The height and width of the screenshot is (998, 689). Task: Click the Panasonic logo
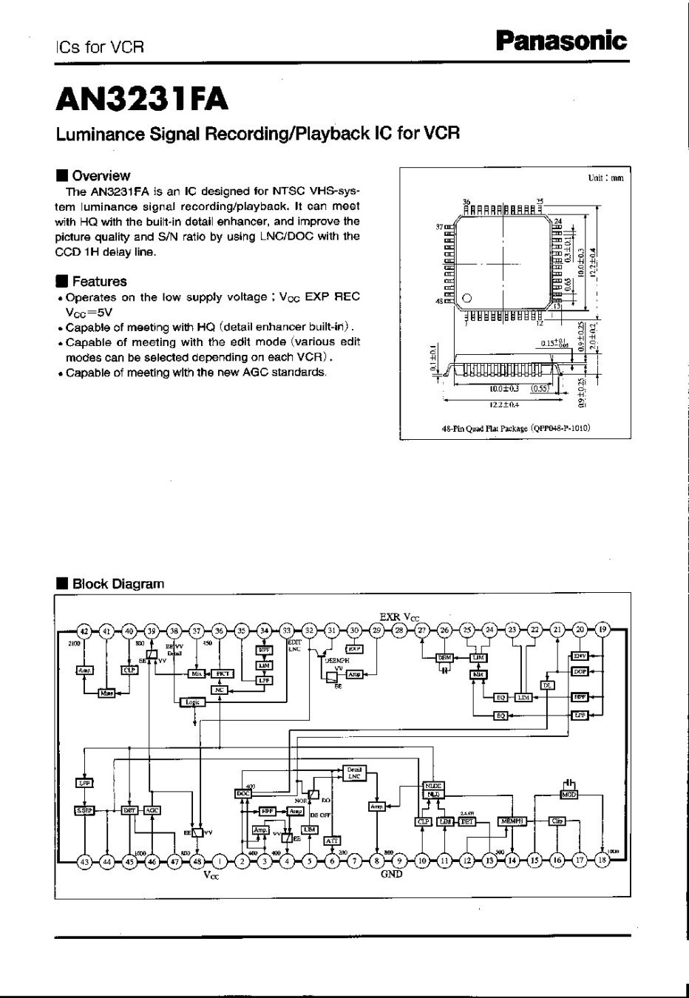561,41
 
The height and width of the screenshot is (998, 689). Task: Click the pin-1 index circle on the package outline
466,299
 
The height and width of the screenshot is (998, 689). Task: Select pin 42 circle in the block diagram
84,631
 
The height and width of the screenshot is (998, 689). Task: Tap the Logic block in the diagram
191,702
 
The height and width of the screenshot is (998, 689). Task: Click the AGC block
152,809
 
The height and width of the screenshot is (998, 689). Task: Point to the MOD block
568,795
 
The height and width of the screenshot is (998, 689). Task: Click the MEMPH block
511,821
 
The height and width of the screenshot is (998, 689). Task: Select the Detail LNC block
354,773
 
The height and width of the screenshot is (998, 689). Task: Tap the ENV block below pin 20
580,656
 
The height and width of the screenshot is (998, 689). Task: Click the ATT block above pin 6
332,841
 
